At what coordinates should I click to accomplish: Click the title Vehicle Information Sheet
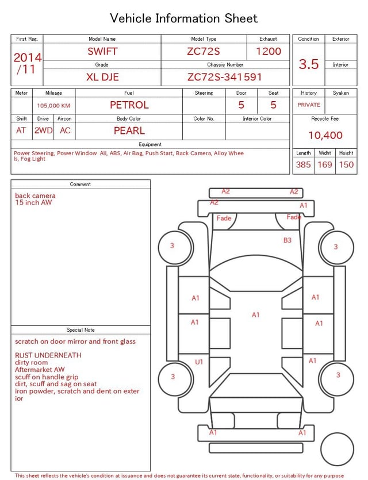[x=184, y=18]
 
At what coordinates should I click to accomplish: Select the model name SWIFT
[x=102, y=51]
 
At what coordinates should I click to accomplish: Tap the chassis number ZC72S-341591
[x=225, y=76]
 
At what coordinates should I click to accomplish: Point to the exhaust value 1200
[x=269, y=51]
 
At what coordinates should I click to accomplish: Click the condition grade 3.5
[x=309, y=64]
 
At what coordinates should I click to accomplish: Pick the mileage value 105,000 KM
[x=53, y=106]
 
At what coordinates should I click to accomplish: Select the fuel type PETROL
[x=129, y=105]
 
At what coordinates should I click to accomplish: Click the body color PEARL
[x=129, y=130]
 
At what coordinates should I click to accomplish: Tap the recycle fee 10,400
[x=325, y=136]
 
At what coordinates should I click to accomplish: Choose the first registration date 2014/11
[x=27, y=63]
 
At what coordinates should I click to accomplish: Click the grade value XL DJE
[x=102, y=76]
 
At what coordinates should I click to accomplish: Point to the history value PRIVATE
[x=309, y=105]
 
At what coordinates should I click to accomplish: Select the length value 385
[x=303, y=165]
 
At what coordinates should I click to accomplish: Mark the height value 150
[x=346, y=165]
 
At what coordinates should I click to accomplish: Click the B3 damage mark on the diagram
[x=287, y=240]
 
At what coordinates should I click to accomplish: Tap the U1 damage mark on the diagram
[x=199, y=362]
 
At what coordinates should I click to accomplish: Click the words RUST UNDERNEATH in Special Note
[x=48, y=355]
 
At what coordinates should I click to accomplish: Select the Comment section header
[x=80, y=185]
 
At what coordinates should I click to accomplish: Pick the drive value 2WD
[x=43, y=130]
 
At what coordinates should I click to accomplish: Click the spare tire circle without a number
[x=337, y=450]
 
